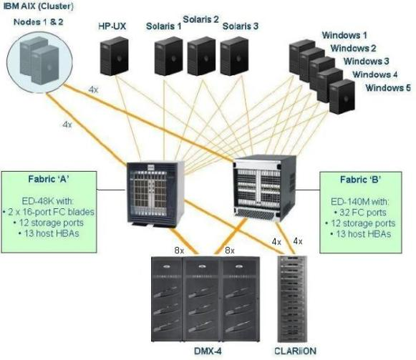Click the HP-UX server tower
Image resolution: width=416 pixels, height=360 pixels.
coord(115,56)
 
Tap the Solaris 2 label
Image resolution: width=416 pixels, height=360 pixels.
coord(200,19)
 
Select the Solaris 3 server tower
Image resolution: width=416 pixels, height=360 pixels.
coord(234,56)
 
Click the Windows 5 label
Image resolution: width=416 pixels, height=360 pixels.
coord(388,87)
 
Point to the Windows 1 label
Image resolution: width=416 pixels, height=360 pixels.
coord(344,35)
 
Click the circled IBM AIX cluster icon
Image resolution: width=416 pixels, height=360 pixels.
coord(39,62)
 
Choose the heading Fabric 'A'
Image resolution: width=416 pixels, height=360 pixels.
coord(49,179)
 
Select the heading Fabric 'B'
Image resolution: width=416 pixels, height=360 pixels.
coord(361,180)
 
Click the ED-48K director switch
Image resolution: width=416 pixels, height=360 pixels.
coord(155,194)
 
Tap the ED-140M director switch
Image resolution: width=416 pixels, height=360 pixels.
coord(264,188)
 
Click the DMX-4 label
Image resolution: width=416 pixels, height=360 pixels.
coord(208,351)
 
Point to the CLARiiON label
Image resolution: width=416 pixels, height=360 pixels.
coord(295,351)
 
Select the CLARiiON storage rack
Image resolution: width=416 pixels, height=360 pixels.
coord(292,298)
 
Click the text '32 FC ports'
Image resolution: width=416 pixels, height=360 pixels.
coord(363,213)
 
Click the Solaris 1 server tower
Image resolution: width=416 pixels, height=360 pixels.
coord(169,56)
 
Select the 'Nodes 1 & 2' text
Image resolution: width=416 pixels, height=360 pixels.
coord(39,21)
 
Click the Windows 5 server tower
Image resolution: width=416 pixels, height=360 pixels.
coord(342,97)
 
